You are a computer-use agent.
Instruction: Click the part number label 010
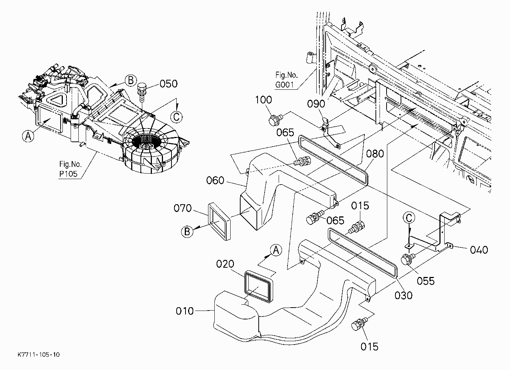tap(185, 311)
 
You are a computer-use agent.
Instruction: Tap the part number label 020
tap(225, 264)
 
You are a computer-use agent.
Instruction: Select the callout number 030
tap(404, 295)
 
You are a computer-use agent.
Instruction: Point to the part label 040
tap(479, 250)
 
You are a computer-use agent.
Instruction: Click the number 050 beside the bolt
tap(169, 84)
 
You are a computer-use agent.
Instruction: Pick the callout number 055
tap(426, 281)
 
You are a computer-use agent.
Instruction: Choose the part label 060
tap(215, 180)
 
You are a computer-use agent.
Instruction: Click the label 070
tap(183, 208)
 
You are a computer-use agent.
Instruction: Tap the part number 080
tap(375, 154)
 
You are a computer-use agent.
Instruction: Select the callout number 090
tap(316, 104)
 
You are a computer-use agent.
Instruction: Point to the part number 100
tap(263, 100)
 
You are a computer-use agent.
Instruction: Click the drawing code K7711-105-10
tap(39, 354)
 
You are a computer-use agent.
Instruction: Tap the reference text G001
tap(285, 85)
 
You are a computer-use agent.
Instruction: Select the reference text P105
tap(68, 174)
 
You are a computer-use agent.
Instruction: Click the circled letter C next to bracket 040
tap(409, 218)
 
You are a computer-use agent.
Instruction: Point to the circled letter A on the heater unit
tap(28, 136)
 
